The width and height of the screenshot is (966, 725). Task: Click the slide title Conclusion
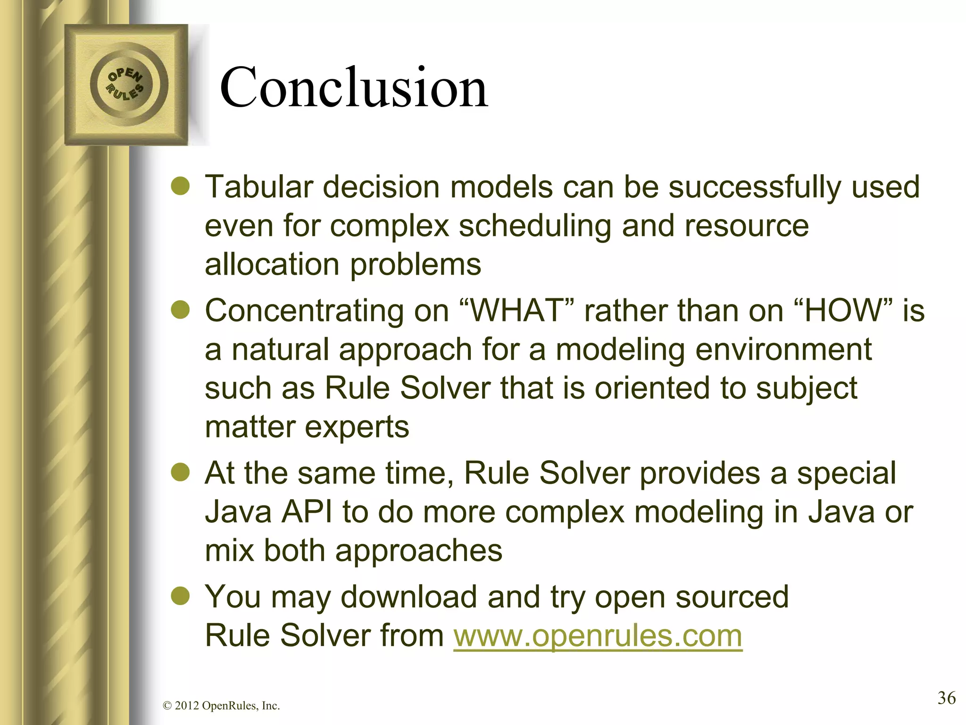pyautogui.click(x=354, y=87)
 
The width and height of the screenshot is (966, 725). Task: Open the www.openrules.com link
pyautogui.click(x=598, y=635)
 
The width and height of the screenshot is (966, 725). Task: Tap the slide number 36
pyautogui.click(x=946, y=697)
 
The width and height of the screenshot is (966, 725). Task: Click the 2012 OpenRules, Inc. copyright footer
pyautogui.click(x=221, y=706)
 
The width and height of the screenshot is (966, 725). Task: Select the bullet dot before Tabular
pyautogui.click(x=180, y=187)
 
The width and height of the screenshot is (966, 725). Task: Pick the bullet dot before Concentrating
pyautogui.click(x=180, y=311)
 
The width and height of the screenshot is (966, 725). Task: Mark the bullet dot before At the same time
pyautogui.click(x=180, y=473)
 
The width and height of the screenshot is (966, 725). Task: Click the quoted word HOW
pyautogui.click(x=844, y=311)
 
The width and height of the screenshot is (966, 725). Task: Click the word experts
pyautogui.click(x=357, y=428)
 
